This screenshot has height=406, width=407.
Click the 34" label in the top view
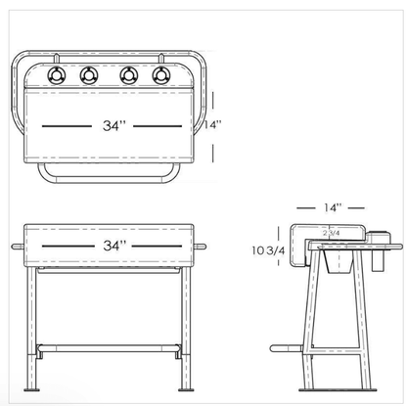click(113, 126)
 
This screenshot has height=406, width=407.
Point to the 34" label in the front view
click(113, 247)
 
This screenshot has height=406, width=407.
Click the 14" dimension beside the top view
click(214, 124)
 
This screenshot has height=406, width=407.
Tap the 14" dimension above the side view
click(333, 207)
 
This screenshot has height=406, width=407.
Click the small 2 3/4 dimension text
click(333, 234)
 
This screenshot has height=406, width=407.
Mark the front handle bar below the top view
click(109, 182)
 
